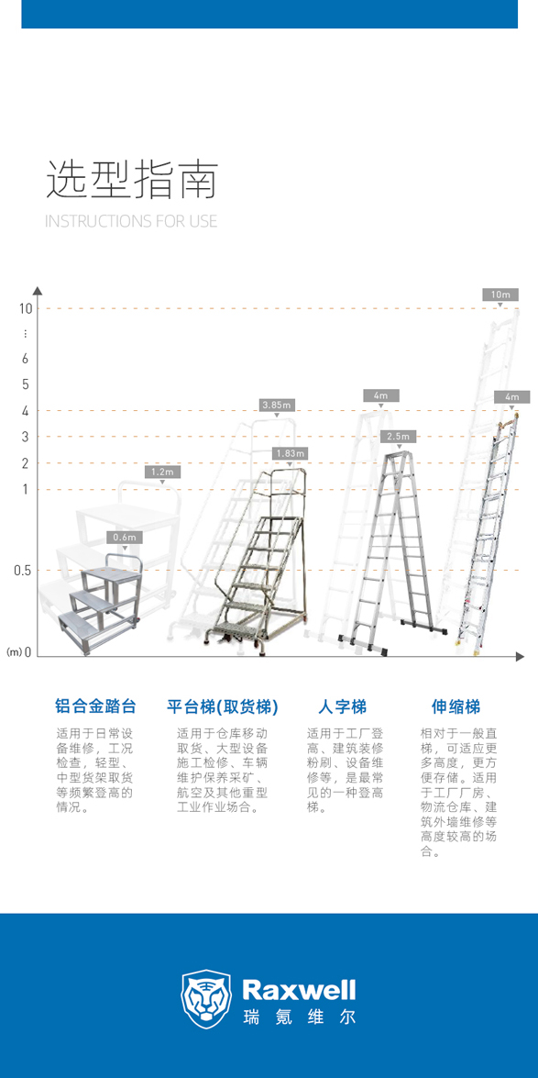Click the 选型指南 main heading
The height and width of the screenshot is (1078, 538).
point(132,181)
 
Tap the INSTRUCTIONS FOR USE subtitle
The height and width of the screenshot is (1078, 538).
point(130,221)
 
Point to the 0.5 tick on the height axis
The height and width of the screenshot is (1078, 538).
point(23,570)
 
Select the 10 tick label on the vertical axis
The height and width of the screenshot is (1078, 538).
point(26,308)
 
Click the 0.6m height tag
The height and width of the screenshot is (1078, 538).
point(125,538)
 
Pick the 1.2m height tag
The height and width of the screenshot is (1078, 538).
point(163,472)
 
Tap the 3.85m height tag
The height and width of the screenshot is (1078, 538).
point(277,405)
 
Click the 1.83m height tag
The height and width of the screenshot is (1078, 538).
point(290,453)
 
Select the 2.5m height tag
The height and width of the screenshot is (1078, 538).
point(400,437)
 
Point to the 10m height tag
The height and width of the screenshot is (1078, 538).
point(500,295)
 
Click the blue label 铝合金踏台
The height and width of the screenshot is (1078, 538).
point(95,706)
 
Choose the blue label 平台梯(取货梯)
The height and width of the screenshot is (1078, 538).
point(223,706)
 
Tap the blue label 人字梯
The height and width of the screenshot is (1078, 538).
point(342,706)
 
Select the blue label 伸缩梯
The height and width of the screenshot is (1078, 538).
point(456,706)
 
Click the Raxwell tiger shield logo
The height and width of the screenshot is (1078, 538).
point(206,999)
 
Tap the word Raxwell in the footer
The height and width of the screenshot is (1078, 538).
point(300,991)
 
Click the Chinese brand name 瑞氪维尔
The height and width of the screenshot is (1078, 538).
point(300,1017)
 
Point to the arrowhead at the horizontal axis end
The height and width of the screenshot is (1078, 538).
point(521,657)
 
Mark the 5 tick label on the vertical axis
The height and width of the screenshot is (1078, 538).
point(26,383)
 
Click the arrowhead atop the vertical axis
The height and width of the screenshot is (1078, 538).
point(38,290)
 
